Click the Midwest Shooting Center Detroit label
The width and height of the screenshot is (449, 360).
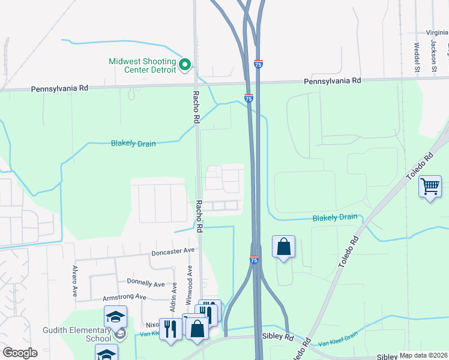point(142,65)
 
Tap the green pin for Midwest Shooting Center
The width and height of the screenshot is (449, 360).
point(185,64)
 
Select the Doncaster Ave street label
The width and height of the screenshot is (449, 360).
point(173,251)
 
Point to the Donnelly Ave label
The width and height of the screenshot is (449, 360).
point(146,282)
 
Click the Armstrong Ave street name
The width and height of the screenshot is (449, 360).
point(124,297)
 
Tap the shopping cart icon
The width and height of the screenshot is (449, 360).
point(430,188)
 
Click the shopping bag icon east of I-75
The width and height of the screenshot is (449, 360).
point(283,247)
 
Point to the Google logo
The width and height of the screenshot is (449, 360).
point(19,353)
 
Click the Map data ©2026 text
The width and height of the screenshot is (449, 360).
point(423,355)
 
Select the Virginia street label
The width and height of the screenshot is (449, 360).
point(437,33)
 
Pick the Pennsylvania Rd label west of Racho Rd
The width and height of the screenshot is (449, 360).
point(59,88)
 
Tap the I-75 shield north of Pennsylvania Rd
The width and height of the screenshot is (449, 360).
point(258,64)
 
